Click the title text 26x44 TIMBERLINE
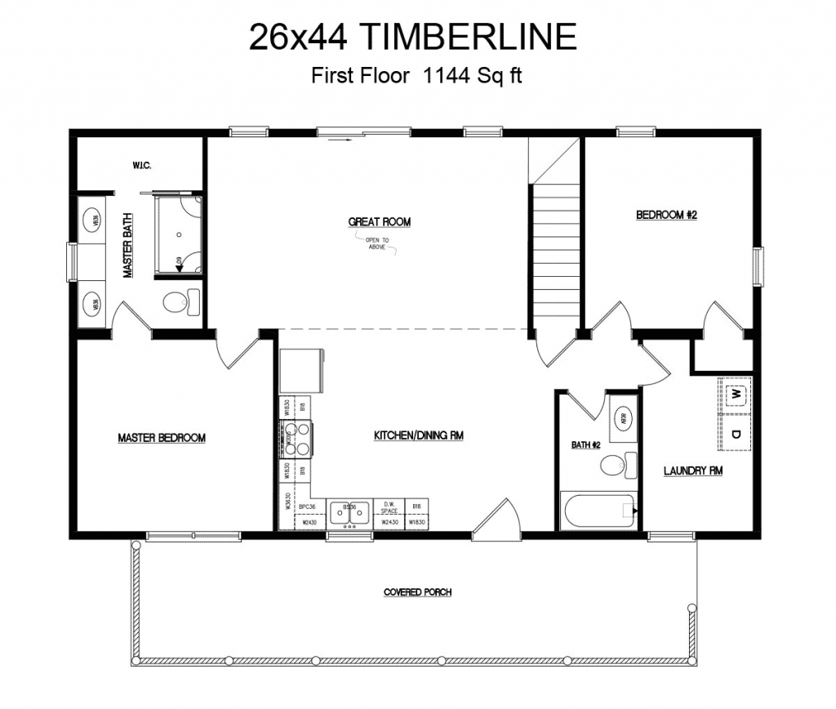coord(412,37)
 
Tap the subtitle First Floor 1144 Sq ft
coord(416,76)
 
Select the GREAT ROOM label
coord(380,221)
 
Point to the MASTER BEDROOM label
coord(162,438)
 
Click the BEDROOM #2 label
coord(666,215)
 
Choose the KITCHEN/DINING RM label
coord(419,436)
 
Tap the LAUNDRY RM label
coord(692,471)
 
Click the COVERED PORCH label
coord(417,592)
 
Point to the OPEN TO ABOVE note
coord(377,243)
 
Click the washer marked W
coord(736,394)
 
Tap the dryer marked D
coord(736,434)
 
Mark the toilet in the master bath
coord(180,303)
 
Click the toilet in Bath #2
coord(617,466)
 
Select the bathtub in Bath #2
coord(598,511)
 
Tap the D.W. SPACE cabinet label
coord(389,508)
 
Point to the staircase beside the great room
coord(555,253)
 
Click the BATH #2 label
coord(585,445)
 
